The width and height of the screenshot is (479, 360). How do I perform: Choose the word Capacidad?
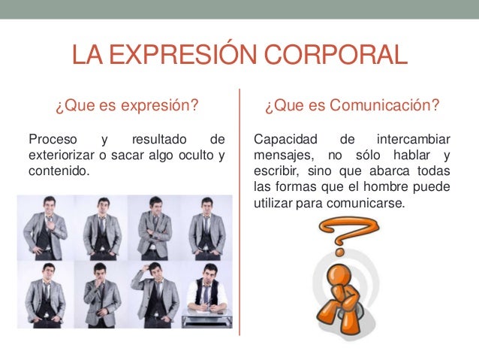click(x=285, y=140)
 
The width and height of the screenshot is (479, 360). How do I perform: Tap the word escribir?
click(x=277, y=171)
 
